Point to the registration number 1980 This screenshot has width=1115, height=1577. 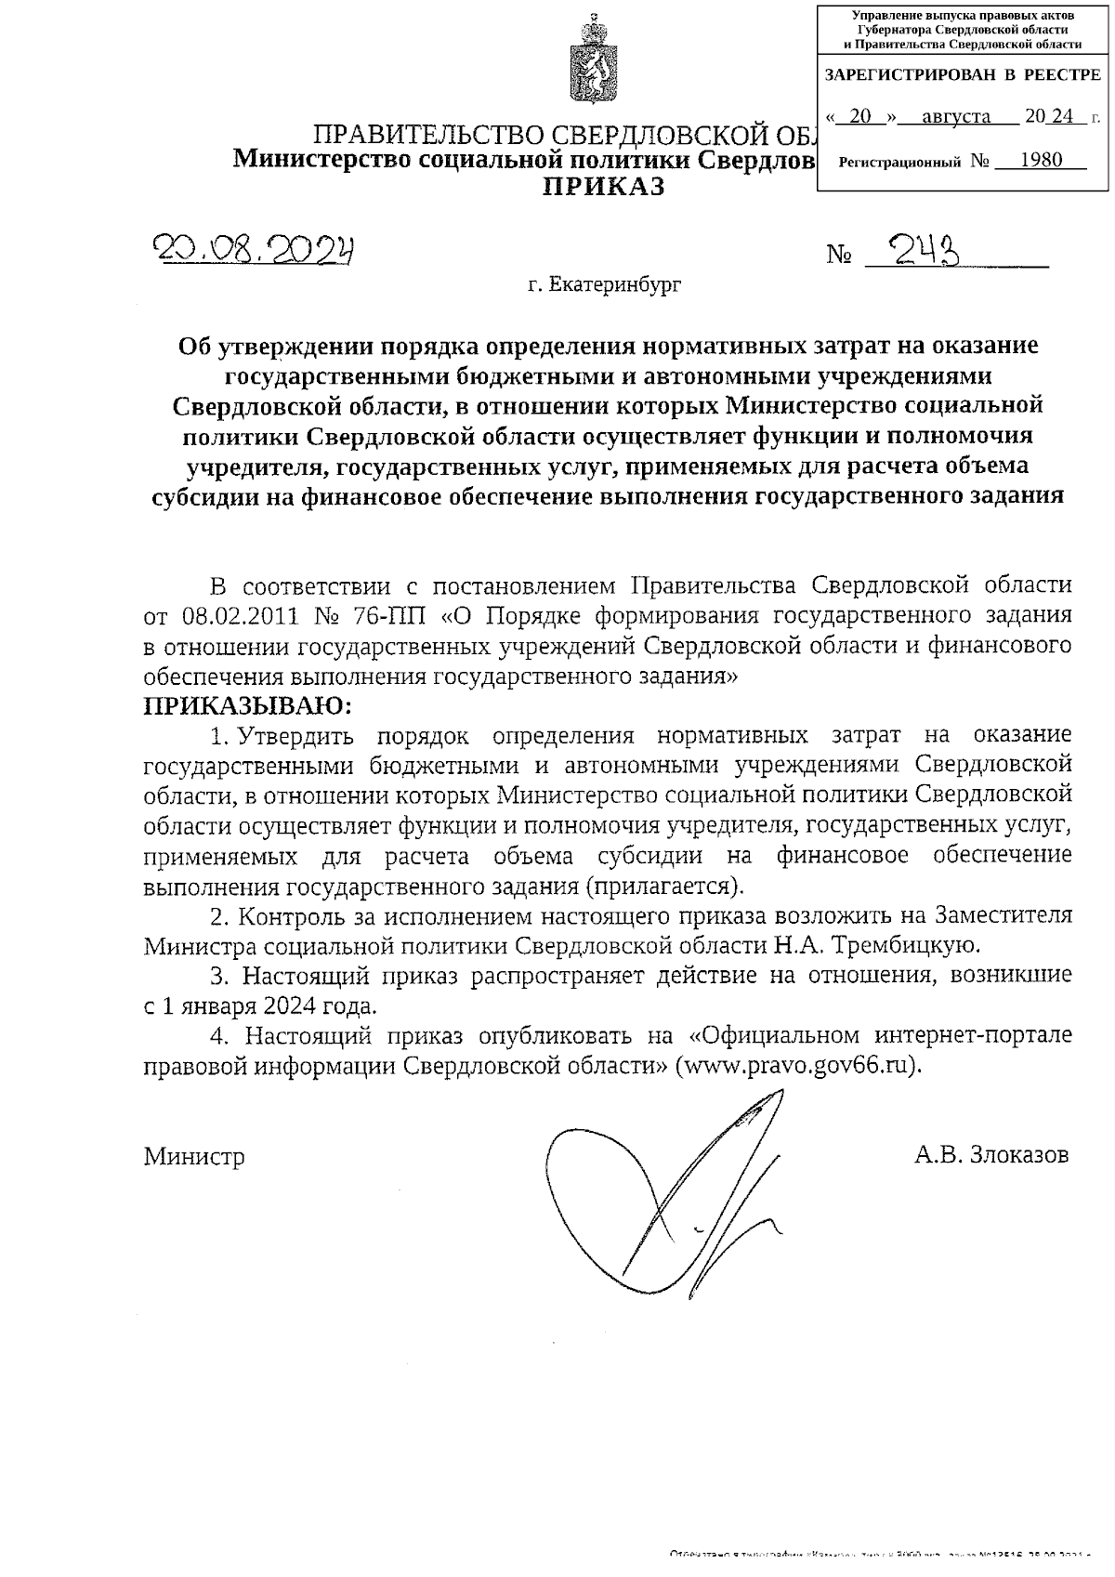(1040, 160)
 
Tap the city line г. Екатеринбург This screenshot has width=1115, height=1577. (605, 284)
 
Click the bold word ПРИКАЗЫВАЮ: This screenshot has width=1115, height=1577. (248, 705)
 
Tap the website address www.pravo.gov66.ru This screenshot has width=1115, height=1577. (799, 1065)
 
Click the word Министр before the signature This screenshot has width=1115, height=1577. (194, 1157)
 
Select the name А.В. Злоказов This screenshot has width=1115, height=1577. (990, 1155)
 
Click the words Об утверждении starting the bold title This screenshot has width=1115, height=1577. (273, 346)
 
